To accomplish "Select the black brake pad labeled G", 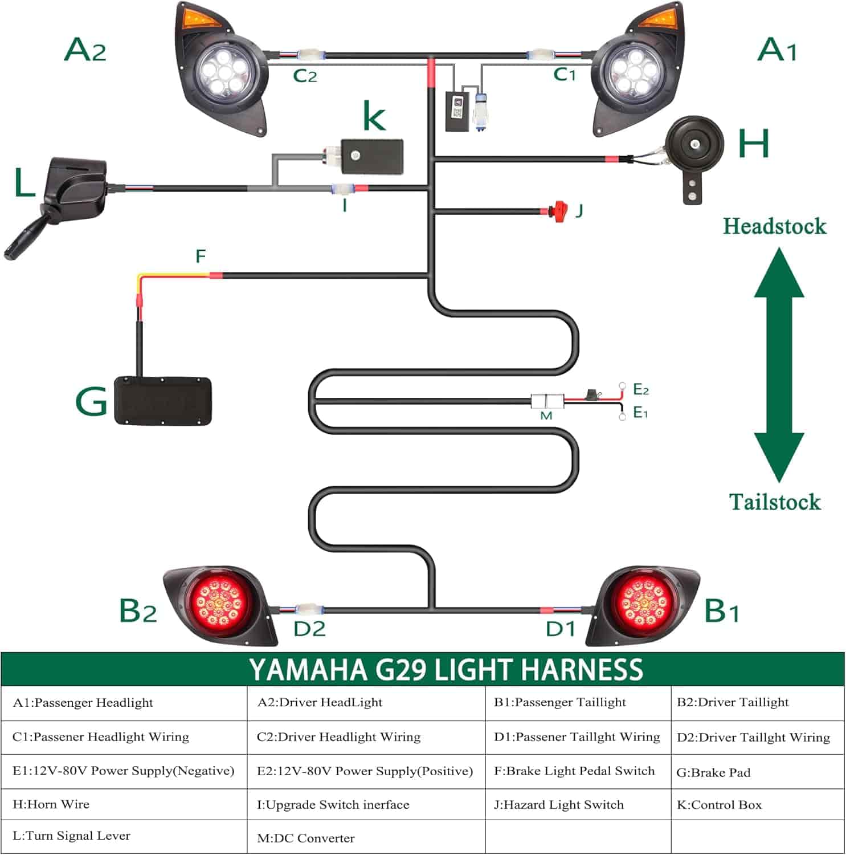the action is [163, 400].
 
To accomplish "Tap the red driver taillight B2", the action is [217, 604].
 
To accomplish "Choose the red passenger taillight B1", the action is [644, 604].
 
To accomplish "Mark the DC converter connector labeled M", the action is [547, 401].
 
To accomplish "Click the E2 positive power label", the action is [641, 390].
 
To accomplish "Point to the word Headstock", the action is [774, 226].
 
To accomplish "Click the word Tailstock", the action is [775, 502].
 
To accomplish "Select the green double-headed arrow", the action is [779, 365].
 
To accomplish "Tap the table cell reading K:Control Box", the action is [719, 805].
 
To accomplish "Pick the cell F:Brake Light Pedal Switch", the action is [574, 771].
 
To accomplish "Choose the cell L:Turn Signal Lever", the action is [71, 836].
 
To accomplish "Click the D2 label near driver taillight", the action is [309, 629].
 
